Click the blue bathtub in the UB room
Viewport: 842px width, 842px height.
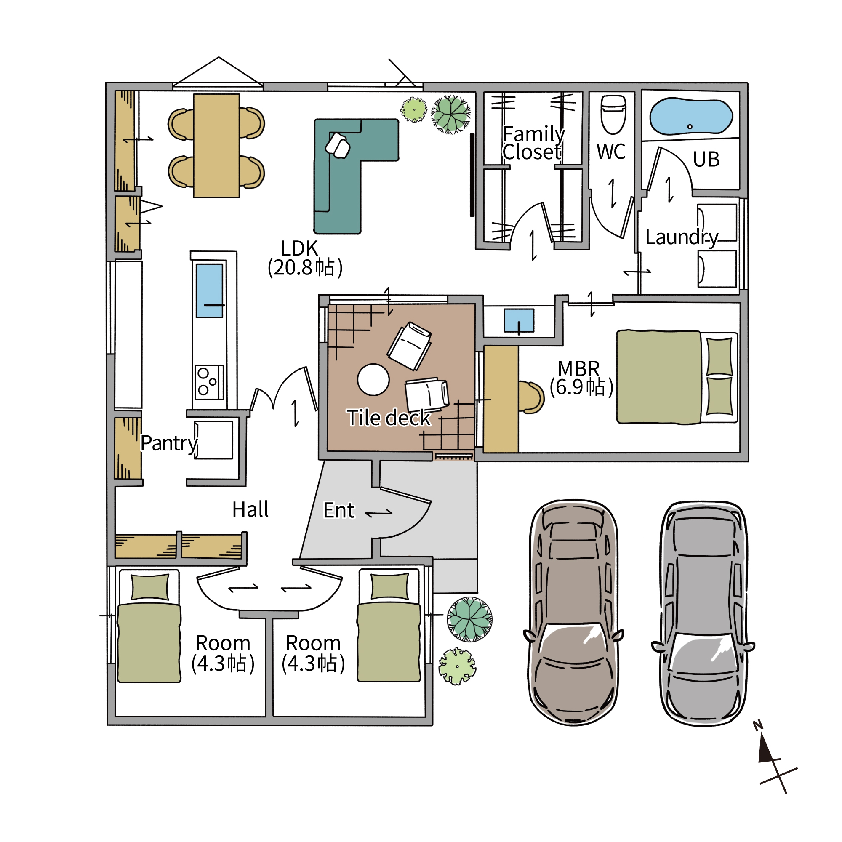pos(691,116)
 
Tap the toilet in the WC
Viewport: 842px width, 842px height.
pos(613,114)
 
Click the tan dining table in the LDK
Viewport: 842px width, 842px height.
pos(216,146)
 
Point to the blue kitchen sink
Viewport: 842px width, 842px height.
pos(209,290)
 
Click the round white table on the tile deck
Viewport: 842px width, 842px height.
pos(373,380)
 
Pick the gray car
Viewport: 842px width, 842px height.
pos(703,612)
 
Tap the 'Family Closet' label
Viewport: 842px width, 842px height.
pos(533,143)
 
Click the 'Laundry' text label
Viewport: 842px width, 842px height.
pos(682,237)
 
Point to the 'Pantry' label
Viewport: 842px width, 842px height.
pos(170,444)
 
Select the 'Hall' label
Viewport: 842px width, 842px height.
pos(250,509)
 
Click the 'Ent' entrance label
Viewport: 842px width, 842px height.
pos(338,510)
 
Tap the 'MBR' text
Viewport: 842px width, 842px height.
pos(579,369)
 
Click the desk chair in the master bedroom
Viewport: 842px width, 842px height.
pos(531,397)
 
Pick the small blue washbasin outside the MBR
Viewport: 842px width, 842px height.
pos(519,320)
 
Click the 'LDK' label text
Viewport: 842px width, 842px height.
pos(299,248)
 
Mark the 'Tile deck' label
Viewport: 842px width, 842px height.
pos(389,418)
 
